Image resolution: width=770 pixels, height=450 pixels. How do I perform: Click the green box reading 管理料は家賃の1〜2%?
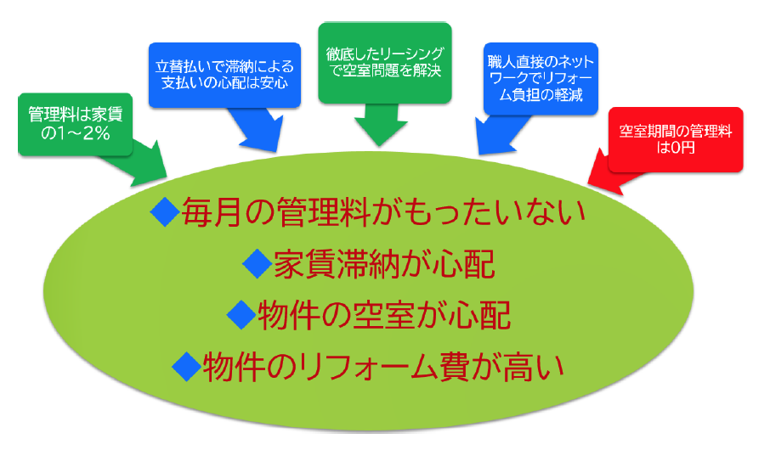pos(75,125)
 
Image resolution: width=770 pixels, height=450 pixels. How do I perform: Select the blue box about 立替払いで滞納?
pos(224,75)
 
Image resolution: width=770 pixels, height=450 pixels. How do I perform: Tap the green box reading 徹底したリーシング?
pos(384,63)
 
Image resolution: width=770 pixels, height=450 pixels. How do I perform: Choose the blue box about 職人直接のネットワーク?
pos(541,78)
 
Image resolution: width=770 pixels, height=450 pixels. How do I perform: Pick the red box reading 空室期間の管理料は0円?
pos(675,139)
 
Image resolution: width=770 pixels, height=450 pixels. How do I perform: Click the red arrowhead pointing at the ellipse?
pos(607,174)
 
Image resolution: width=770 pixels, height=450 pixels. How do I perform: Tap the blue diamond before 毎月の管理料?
pos(165,211)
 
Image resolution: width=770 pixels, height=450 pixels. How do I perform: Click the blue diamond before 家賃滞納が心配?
pos(258,263)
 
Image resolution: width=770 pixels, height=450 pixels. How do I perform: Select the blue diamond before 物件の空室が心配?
pos(241,314)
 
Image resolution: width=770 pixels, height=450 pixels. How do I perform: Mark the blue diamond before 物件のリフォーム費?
pos(187,367)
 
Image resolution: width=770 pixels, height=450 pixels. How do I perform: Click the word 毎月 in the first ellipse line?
pos(212,212)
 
